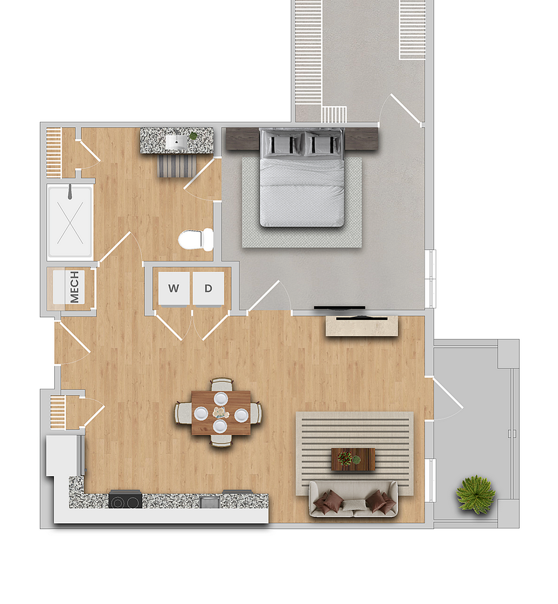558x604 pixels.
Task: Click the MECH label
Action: click(74, 287)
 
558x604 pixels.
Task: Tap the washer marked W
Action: click(174, 288)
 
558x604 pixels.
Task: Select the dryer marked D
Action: click(208, 288)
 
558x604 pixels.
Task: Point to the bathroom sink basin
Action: click(177, 141)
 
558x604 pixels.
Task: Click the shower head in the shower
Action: click(70, 192)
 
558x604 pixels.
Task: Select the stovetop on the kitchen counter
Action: click(125, 501)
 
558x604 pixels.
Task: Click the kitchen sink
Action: click(210, 502)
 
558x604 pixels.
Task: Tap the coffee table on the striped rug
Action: click(353, 459)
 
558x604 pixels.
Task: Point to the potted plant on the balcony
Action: click(475, 494)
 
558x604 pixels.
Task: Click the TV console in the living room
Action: click(361, 326)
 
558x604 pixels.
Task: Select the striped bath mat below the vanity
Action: click(177, 166)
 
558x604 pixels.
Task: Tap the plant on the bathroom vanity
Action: click(193, 136)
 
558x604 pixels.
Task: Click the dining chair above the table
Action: click(221, 385)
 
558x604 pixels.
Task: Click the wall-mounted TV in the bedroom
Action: click(339, 308)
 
